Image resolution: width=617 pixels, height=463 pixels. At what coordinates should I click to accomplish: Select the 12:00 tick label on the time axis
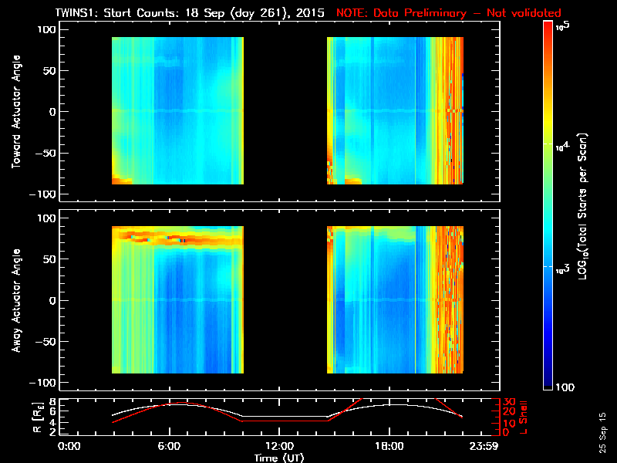coord(278,446)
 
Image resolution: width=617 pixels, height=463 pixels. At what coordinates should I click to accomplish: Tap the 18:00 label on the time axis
coord(389,446)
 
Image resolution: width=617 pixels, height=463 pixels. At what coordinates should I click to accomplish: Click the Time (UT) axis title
coord(278,458)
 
